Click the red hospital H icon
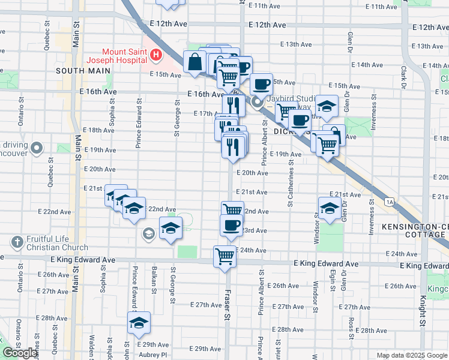click(x=156, y=56)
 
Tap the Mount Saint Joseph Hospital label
click(x=116, y=56)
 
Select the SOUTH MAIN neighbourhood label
click(x=84, y=70)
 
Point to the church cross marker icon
click(x=17, y=242)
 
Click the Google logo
click(x=20, y=353)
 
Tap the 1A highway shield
click(x=390, y=202)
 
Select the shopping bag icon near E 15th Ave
click(x=196, y=61)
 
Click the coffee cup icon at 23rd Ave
click(x=231, y=226)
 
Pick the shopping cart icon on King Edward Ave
click(x=224, y=256)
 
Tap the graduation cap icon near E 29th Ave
click(x=139, y=323)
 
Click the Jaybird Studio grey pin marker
click(x=258, y=103)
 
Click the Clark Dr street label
click(x=404, y=75)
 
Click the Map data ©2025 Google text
click(x=412, y=355)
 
